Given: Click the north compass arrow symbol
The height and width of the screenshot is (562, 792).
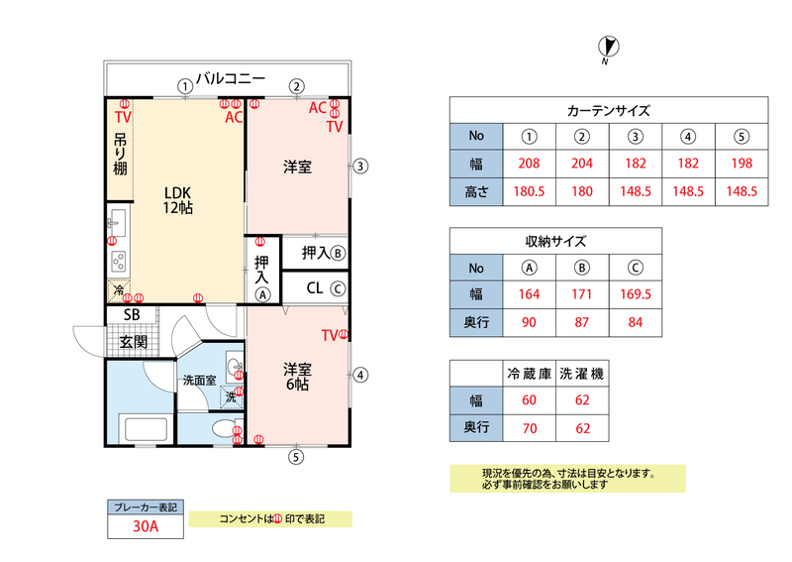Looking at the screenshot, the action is pos(608,47).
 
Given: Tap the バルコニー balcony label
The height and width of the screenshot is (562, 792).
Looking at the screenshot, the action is pos(231,79).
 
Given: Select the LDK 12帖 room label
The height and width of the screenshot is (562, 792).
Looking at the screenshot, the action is pos(178,200).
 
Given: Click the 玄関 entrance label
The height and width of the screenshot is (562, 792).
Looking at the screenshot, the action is pos(134,342).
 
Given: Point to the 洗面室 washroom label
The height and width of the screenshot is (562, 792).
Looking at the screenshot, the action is pos(200,381).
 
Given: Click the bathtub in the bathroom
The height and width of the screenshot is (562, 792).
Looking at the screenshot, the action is pos(146,429).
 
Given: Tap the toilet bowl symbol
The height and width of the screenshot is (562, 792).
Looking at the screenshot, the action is pos(223,429).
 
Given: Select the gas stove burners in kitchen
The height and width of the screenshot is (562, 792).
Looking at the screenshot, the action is pos(119,262).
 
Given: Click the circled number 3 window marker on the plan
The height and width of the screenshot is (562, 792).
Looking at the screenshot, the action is pos(359,166).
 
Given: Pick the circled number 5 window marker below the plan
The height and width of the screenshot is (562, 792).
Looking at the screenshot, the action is pos(296,457).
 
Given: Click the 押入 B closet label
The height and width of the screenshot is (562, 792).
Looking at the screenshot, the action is pos(324,253).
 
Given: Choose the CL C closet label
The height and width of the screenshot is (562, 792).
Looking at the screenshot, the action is pos(326,288).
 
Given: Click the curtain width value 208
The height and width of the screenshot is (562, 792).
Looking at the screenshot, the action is pos(529,164).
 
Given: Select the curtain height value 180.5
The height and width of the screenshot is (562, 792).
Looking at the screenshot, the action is pos(529,191).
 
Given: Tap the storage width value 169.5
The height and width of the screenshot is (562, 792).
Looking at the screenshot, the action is pos(635,294).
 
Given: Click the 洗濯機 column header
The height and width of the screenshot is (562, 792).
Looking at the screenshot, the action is pos(582,374).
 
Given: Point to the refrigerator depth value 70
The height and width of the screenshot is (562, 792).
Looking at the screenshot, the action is pos(530,428).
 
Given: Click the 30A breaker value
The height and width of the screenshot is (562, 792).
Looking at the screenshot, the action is pos(146,526).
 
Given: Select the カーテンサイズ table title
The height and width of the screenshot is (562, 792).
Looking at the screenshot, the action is pos(609,110).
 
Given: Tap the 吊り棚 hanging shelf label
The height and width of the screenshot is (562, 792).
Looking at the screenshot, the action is pos(120,154).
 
